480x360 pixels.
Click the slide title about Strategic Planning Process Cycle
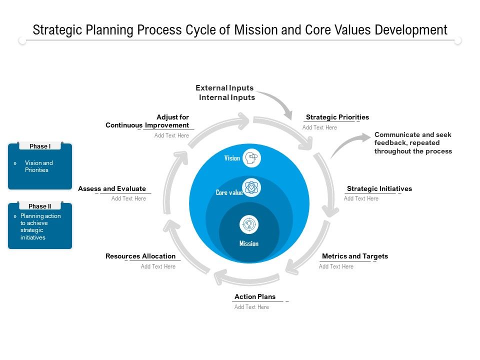pyautogui.click(x=240, y=30)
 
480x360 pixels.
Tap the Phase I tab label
pyautogui.click(x=40, y=146)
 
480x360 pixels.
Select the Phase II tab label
pyautogui.click(x=40, y=206)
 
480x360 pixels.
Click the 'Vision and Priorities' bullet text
pyautogui.click(x=38, y=166)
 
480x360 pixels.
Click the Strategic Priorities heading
pyautogui.click(x=337, y=117)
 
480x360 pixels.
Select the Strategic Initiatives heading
pyautogui.click(x=379, y=188)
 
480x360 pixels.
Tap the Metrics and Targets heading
pyautogui.click(x=354, y=256)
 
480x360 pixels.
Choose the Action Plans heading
pyautogui.click(x=255, y=296)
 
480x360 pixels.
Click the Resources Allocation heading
pyautogui.click(x=140, y=256)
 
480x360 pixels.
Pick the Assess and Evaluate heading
pyautogui.click(x=112, y=188)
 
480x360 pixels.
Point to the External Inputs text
pyautogui.click(x=224, y=88)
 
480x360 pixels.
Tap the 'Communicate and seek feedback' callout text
pyautogui.click(x=413, y=143)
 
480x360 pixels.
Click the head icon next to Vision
pyautogui.click(x=251, y=158)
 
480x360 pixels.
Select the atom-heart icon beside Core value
pyautogui.click(x=251, y=188)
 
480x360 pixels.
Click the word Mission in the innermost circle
pyautogui.click(x=248, y=243)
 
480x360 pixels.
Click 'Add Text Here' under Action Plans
pyautogui.click(x=251, y=307)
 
